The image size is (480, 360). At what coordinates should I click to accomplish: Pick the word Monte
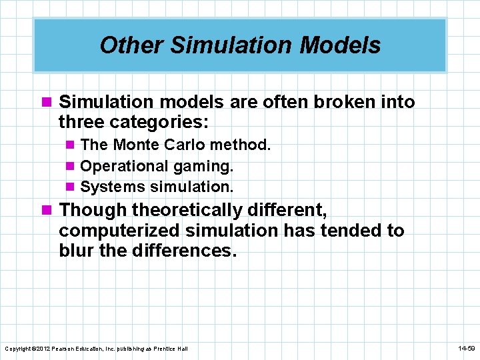click(x=134, y=145)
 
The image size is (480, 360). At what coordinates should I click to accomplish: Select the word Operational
click(x=124, y=165)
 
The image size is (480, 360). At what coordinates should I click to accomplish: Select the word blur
click(x=76, y=251)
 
